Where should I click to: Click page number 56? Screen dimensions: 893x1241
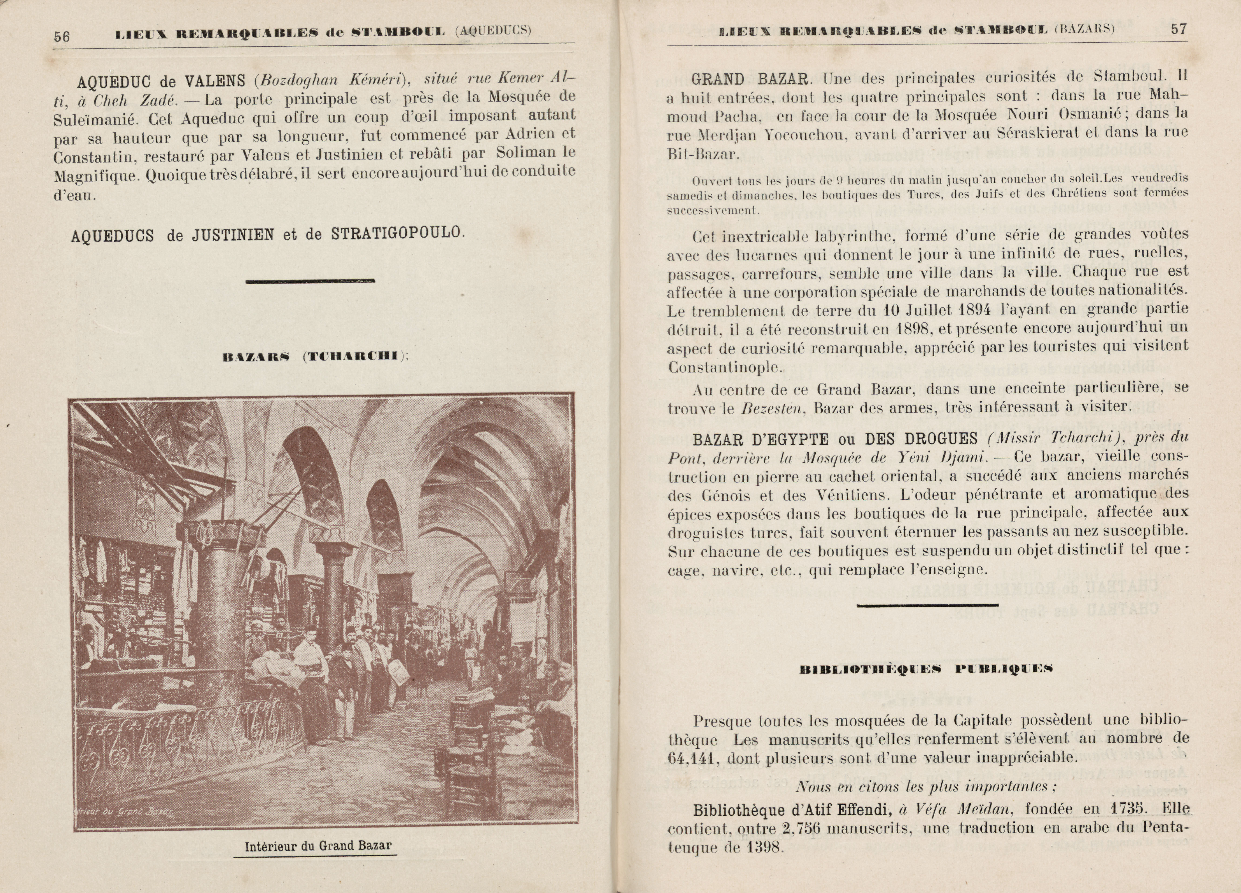[62, 36]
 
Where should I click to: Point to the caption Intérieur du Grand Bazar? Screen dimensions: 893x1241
[318, 846]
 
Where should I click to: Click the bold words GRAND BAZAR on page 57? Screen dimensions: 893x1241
[750, 79]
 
